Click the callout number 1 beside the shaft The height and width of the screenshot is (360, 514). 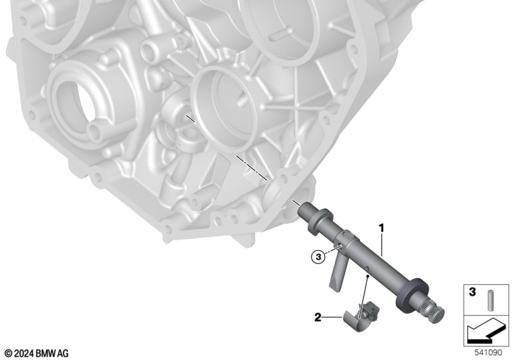coord(381,228)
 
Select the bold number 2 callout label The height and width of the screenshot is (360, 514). coord(317,318)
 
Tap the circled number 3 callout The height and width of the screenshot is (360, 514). coord(318,257)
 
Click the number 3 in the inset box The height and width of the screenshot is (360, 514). coord(472,292)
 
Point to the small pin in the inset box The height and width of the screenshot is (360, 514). coord(491,300)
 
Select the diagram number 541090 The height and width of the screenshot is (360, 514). coord(488,352)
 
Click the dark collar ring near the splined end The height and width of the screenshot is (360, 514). coord(412,295)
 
